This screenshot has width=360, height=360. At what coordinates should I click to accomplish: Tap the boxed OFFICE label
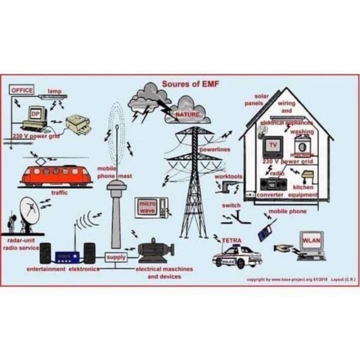click(22, 90)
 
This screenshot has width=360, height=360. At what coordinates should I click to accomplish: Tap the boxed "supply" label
click(116, 257)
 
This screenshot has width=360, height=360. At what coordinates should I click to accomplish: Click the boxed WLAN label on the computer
click(311, 240)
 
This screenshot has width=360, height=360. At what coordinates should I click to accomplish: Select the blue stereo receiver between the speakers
click(67, 256)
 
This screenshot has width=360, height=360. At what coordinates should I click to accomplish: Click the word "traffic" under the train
click(59, 193)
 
